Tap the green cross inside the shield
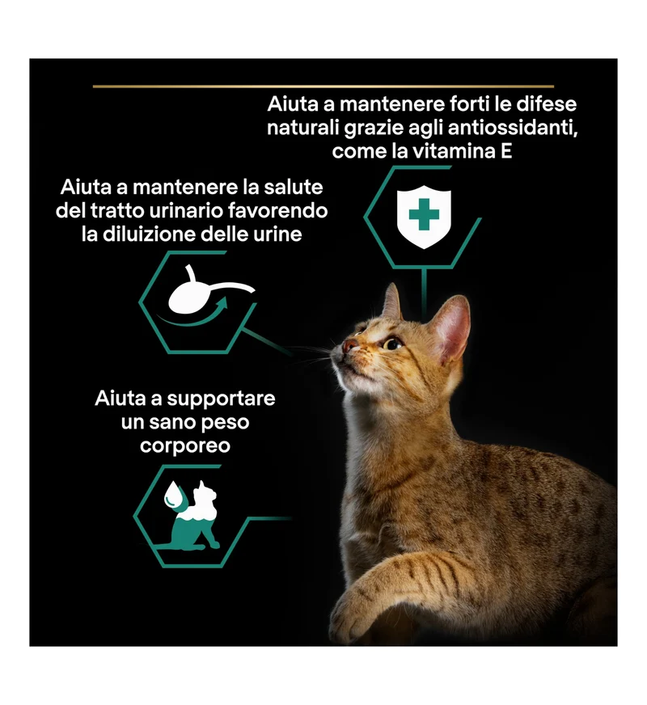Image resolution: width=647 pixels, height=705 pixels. click(424, 214)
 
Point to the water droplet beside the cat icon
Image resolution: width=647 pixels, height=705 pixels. click(172, 495)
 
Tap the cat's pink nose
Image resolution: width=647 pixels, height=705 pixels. click(349, 346)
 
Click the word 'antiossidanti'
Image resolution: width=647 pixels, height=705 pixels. click(513, 128)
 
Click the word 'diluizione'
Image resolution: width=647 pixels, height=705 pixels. click(149, 234)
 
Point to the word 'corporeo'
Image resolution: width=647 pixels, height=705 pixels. click(185, 446)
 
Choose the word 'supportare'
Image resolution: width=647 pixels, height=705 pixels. click(221, 399)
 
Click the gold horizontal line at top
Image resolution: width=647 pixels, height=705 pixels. click(323, 87)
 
